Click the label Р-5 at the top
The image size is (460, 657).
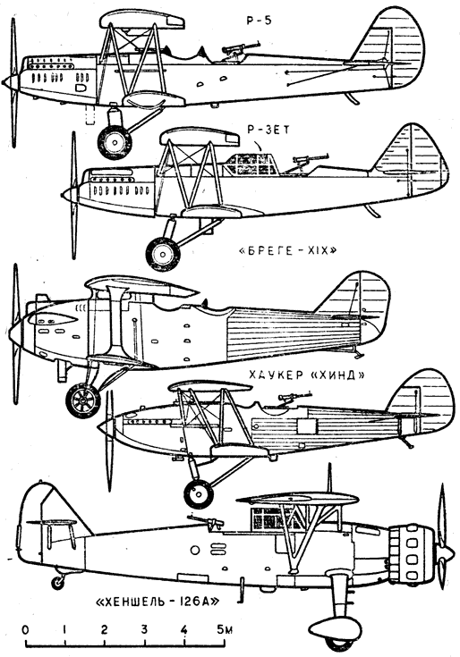point(259,21)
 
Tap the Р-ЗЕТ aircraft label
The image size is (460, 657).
point(268,130)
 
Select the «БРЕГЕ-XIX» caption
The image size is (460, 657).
point(287,251)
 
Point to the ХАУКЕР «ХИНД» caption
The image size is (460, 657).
point(307,375)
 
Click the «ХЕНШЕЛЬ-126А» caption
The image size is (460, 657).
point(158,602)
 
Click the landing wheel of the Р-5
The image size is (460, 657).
point(115,141)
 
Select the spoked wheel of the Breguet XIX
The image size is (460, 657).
point(82,401)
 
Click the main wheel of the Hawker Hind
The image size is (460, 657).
point(198,493)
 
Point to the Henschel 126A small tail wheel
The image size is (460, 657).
point(57,582)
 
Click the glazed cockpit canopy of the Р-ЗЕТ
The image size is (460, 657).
point(251,164)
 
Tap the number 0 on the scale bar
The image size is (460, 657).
point(26,630)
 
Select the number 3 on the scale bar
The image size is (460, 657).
point(144,630)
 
